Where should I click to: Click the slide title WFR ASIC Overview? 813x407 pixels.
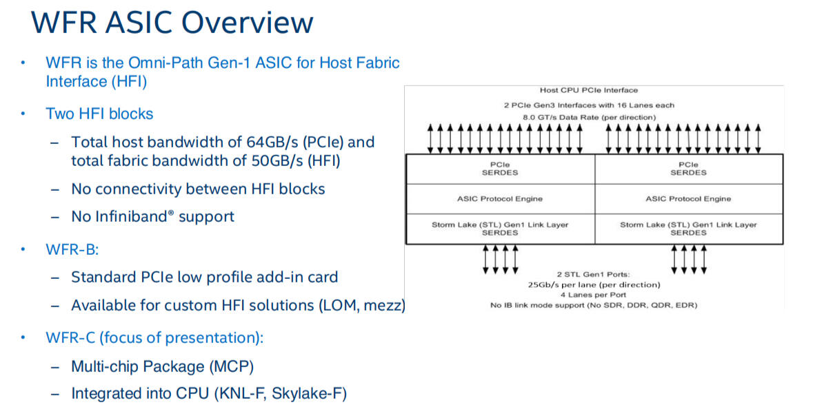pos(172,22)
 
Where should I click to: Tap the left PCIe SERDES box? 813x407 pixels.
pos(500,169)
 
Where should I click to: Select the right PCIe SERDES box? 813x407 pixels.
pos(688,169)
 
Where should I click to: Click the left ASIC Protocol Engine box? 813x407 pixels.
pos(500,199)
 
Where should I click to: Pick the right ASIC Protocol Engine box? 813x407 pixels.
pos(688,199)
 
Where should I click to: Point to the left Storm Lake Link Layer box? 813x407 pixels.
pos(500,229)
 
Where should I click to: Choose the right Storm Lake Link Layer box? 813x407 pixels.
pos(688,229)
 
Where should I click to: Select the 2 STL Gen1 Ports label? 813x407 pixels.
pos(593,274)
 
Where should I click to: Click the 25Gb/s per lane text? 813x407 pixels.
pos(593,284)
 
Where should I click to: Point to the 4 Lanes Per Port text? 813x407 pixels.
pos(593,295)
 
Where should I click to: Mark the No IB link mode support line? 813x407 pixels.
pos(593,305)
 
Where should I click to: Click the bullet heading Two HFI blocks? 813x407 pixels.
pos(99,114)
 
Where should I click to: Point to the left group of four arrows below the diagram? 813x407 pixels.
pos(499,259)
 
